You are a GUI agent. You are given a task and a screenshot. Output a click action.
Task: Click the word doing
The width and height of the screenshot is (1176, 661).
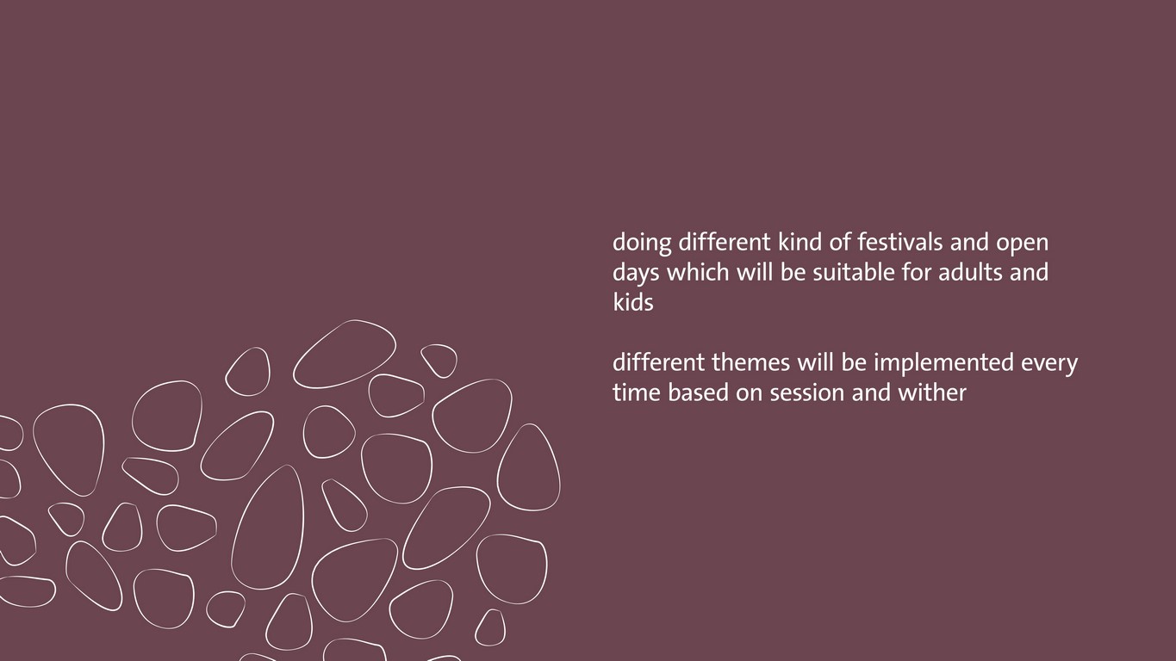[x=642, y=244]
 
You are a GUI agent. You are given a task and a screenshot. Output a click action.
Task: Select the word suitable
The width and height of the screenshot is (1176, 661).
[x=854, y=272]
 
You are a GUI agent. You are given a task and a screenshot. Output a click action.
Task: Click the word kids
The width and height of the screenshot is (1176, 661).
[x=633, y=301]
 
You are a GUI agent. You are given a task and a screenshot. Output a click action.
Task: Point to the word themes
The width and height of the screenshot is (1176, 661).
[x=750, y=362]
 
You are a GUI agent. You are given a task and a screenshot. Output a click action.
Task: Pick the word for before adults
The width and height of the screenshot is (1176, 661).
[x=916, y=272]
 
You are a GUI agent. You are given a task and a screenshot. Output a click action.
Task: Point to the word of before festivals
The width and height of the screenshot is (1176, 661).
[x=840, y=242]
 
